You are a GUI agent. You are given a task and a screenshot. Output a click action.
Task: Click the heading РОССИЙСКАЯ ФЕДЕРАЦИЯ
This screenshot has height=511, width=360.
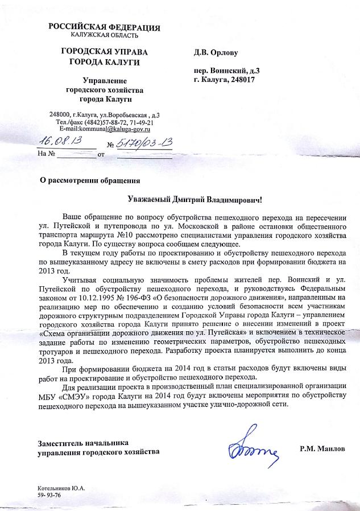point(104,27)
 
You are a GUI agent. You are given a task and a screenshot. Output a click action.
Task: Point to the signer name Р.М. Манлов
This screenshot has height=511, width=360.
point(322,448)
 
